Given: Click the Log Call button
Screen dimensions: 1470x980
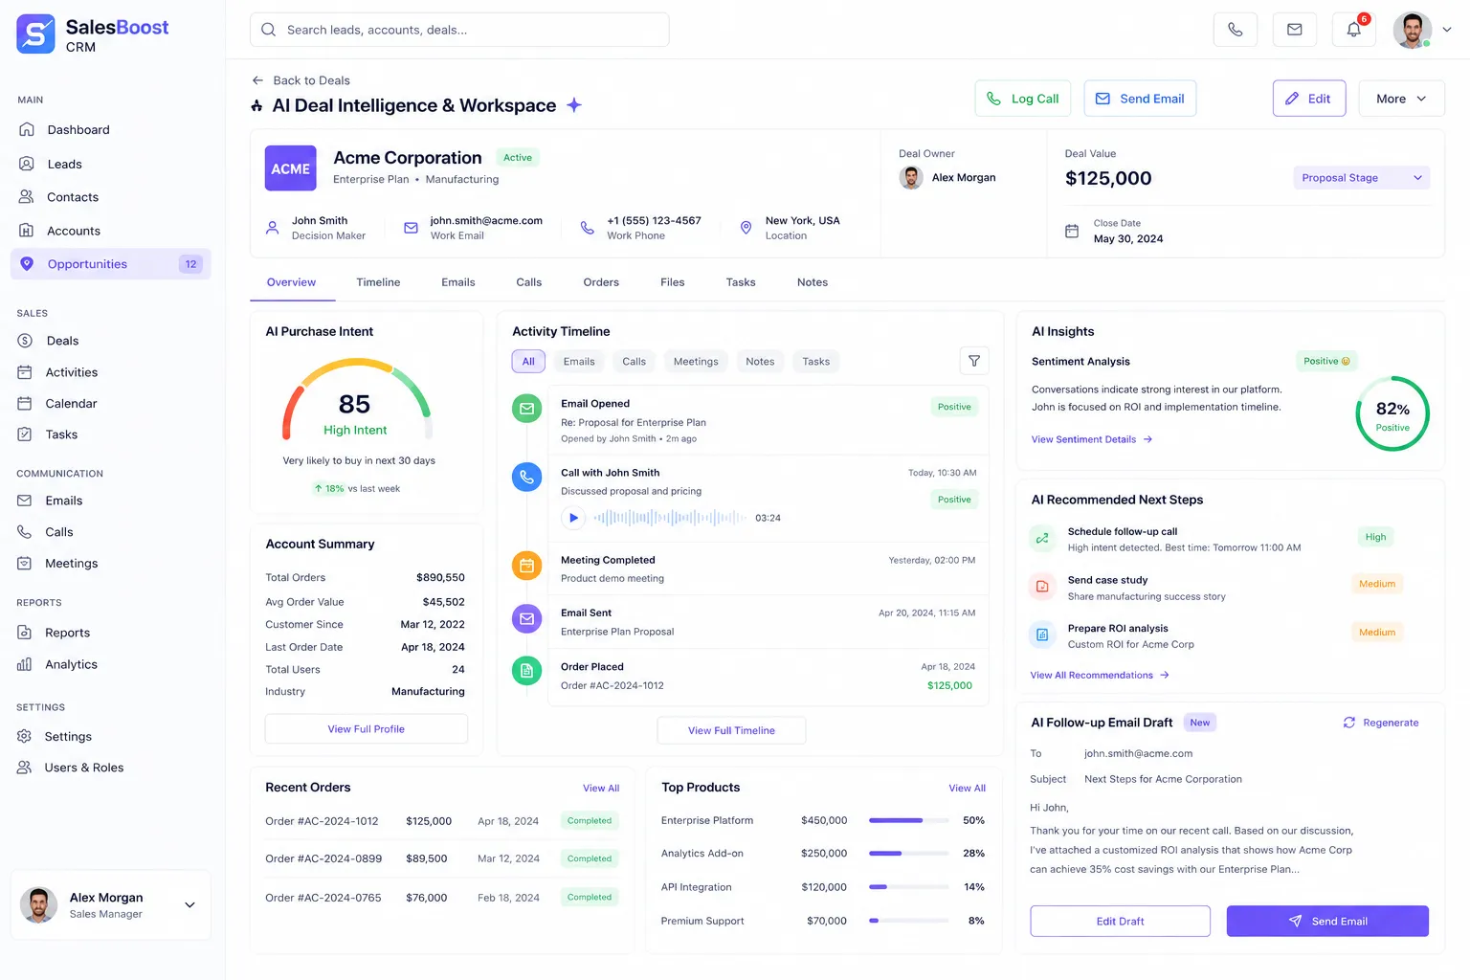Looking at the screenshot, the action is click(x=1022, y=99).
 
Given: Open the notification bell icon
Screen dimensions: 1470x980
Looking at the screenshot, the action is click(x=1354, y=30).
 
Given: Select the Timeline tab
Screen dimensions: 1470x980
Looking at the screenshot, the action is click(x=378, y=282).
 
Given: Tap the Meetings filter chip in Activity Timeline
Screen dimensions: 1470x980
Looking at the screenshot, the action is click(x=696, y=361).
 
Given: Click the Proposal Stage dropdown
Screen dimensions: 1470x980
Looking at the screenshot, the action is click(x=1361, y=178).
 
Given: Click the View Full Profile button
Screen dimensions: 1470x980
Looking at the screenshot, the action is click(x=367, y=728).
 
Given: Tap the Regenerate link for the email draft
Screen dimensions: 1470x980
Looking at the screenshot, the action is click(x=1381, y=723).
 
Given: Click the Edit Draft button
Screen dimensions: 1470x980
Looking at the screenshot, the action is click(x=1121, y=921).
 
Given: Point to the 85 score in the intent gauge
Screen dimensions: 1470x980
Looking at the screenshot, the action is click(x=354, y=404).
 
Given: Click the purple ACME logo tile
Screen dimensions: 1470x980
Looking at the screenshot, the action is click(x=291, y=168).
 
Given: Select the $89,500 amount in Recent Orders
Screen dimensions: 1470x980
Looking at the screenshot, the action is click(x=427, y=858).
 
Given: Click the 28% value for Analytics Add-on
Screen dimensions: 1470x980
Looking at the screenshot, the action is click(x=974, y=854).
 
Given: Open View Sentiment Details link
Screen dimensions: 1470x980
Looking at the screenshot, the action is click(x=1091, y=439).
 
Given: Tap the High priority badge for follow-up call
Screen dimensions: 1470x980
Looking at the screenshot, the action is click(x=1375, y=537).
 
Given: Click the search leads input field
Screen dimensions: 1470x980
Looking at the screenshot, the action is click(x=459, y=30).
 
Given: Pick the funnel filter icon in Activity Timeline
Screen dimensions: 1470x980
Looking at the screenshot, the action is click(x=974, y=361).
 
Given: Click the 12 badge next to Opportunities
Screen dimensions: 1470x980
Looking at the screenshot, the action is click(x=191, y=264).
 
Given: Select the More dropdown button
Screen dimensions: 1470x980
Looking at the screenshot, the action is click(x=1401, y=99).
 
